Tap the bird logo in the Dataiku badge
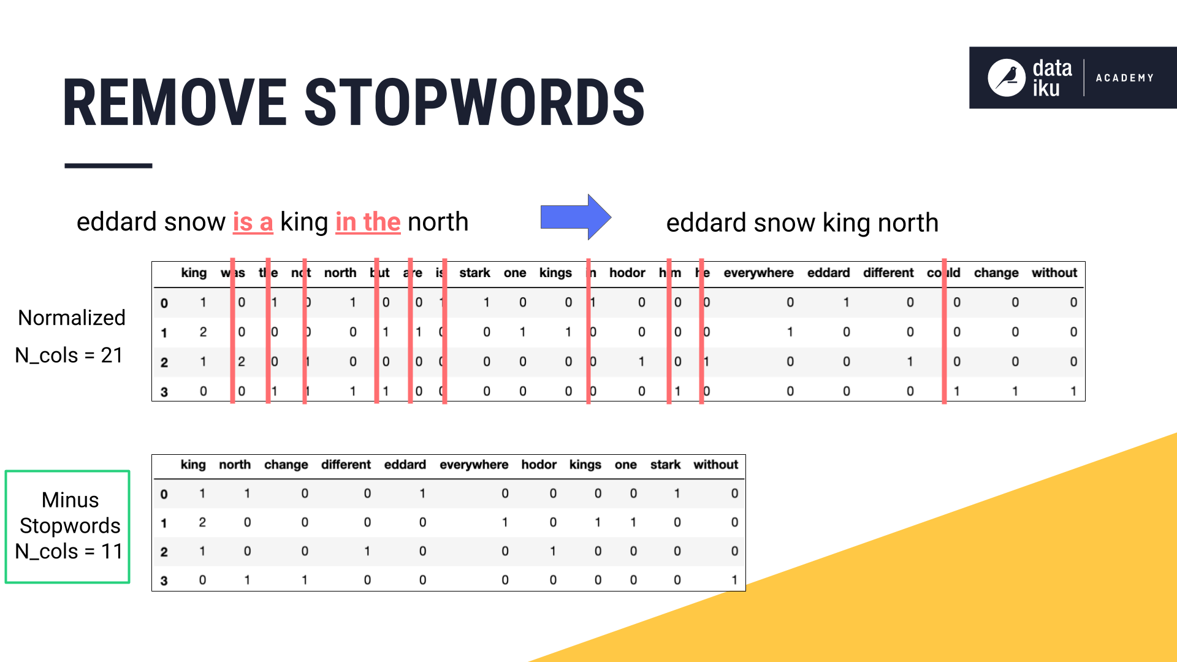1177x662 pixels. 1006,78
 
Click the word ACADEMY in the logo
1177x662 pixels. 1124,78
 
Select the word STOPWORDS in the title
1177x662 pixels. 474,102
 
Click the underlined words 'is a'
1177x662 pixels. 253,222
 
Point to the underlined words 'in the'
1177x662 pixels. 368,222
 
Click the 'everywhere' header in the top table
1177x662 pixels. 758,273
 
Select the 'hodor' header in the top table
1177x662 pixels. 627,273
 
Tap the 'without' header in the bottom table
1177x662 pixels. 715,465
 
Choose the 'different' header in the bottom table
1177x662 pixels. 346,465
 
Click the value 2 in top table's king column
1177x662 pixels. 203,332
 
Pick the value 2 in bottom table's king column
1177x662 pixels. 202,522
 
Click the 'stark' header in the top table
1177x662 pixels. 474,273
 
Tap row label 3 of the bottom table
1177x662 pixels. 164,580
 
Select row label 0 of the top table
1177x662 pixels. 164,303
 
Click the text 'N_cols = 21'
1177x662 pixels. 69,355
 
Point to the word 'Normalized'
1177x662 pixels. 72,318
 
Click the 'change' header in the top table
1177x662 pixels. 996,273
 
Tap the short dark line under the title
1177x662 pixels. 109,165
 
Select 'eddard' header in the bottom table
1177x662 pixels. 405,465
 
